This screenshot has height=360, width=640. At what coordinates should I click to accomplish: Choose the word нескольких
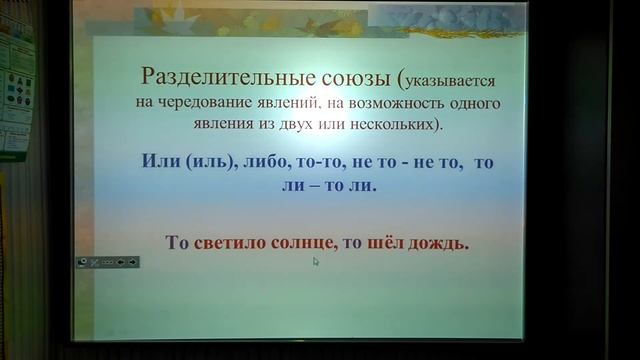point(397,124)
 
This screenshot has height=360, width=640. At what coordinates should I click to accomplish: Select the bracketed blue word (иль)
point(206,164)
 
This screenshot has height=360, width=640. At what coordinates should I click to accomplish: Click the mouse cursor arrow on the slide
point(316,262)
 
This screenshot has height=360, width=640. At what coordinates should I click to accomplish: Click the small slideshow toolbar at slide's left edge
point(108,261)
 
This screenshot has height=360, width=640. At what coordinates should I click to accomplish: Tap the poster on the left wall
point(16,90)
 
